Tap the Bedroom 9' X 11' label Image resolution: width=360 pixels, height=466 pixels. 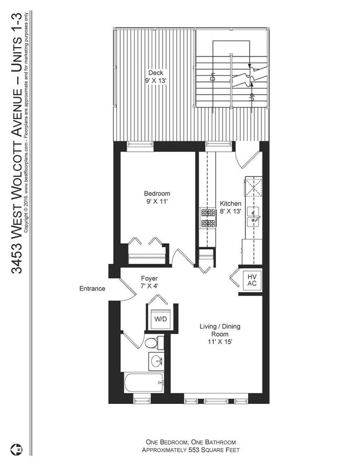157,197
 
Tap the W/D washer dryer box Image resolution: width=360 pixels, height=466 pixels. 160,319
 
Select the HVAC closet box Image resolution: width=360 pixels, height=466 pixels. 251,280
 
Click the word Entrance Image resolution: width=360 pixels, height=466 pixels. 92,289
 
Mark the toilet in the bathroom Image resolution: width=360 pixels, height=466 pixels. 153,343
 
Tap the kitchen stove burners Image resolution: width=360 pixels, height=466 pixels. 207,218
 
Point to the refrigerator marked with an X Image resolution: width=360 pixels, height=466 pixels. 254,187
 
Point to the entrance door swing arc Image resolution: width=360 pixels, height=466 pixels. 127,292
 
